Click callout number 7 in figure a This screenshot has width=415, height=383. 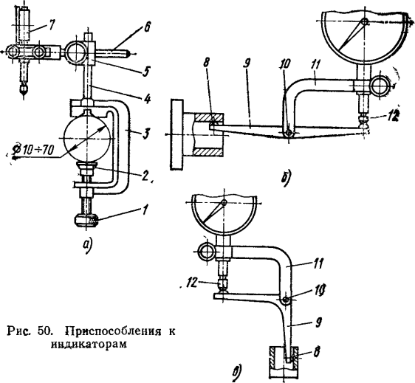50,25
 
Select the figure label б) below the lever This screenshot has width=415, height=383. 286,178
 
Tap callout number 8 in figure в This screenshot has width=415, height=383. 317,352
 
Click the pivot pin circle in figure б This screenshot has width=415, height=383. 289,133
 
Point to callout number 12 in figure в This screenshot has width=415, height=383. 191,283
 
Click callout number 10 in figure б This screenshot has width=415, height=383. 286,64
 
